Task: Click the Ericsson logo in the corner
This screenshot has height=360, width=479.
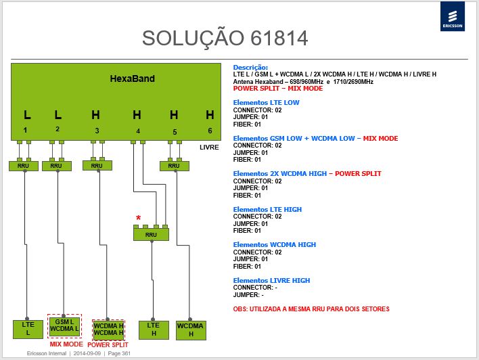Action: tap(453, 16)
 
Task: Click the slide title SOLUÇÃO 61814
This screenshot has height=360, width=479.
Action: tap(225, 39)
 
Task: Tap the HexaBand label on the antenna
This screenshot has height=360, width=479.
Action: tap(133, 78)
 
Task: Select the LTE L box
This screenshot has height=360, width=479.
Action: tap(28, 329)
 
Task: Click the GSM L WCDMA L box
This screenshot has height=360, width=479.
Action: tap(64, 325)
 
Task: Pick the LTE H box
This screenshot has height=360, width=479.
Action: tap(154, 330)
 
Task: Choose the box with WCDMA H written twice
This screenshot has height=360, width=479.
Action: tap(109, 330)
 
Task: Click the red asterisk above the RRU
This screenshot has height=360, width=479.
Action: tap(139, 218)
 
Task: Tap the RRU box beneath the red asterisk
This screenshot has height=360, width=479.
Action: tap(152, 234)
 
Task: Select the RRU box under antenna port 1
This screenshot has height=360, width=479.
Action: tap(24, 166)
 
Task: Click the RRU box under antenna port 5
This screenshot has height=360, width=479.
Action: tap(175, 166)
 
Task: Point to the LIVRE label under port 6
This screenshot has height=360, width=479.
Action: tap(209, 148)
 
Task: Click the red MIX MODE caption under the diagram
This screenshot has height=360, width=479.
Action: tap(66, 344)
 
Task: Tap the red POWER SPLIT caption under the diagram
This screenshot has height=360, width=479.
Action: tap(108, 345)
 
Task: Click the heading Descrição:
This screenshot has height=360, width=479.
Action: tap(250, 68)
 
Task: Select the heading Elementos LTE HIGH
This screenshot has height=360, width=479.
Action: tap(267, 210)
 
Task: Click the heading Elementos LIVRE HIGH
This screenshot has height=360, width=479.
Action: tap(271, 281)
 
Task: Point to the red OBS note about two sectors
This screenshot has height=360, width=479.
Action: tap(311, 309)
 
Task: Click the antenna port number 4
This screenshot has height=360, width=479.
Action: tap(138, 131)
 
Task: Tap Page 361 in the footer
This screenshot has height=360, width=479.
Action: tap(119, 353)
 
